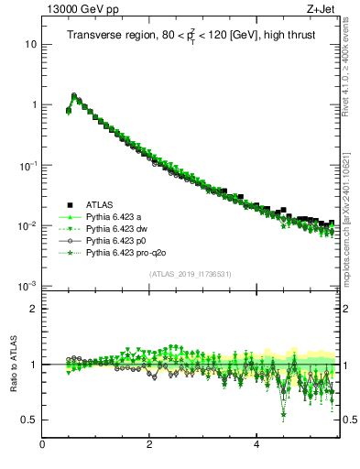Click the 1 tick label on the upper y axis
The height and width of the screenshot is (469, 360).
(34, 104)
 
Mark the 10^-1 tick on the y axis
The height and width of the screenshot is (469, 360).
(27, 165)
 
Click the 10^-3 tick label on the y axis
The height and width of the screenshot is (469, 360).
(27, 286)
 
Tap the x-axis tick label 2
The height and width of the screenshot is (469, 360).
(149, 444)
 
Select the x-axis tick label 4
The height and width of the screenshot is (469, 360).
(256, 444)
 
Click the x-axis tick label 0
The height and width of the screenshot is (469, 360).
(42, 444)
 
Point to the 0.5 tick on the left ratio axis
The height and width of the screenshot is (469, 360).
(30, 420)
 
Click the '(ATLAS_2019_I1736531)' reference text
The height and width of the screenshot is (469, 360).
(190, 274)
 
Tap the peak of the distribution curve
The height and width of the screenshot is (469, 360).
(74, 94)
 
